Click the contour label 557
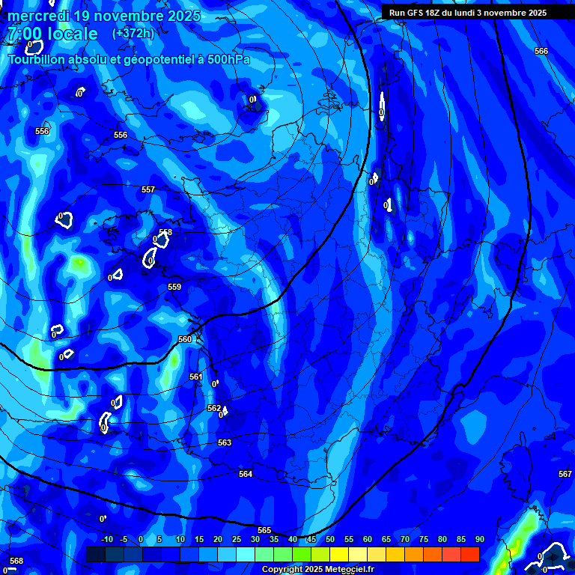tap(148, 189)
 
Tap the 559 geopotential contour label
tap(174, 287)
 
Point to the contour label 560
tap(185, 339)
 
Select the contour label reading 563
tap(225, 442)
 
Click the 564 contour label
tap(246, 474)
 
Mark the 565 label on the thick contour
tap(264, 530)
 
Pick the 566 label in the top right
tap(541, 51)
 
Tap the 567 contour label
tap(565, 474)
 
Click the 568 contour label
tap(16, 561)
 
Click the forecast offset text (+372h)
tap(133, 33)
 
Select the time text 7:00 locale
tap(52, 34)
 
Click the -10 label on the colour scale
tap(107, 539)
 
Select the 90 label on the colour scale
tap(479, 539)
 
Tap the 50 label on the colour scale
tap(329, 539)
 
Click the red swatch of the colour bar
tap(469, 554)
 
